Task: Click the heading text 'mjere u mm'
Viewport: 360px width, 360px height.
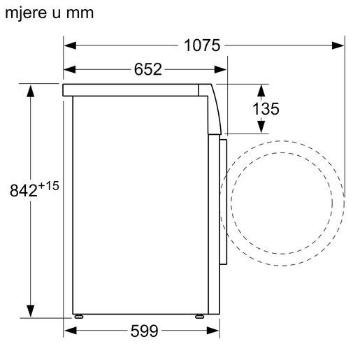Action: [x=49, y=13]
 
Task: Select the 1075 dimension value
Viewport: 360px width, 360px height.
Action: [x=202, y=46]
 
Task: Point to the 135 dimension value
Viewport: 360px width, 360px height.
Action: [x=266, y=108]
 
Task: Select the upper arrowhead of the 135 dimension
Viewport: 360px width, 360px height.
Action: [x=261, y=90]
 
